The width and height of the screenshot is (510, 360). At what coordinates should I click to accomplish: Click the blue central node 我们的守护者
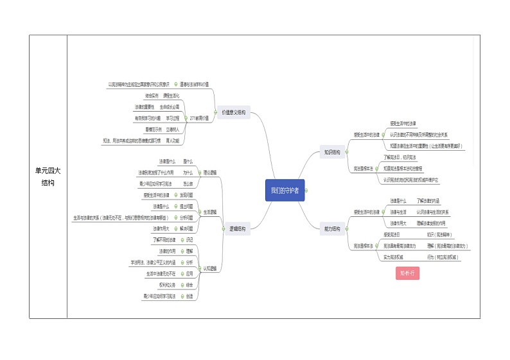pos(285,191)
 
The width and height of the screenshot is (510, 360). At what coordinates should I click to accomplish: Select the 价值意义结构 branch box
pos(233,112)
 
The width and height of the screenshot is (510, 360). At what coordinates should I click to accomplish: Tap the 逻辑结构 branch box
pos(236,228)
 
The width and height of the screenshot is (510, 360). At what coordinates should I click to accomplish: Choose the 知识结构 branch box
pos(332,152)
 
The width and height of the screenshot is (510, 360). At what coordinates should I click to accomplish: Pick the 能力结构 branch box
pos(332,228)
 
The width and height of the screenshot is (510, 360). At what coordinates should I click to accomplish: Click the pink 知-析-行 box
pos(408,273)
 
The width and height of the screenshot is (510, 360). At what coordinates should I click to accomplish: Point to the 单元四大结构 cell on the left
pos(48,176)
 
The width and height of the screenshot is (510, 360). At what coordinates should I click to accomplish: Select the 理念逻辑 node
pos(209,173)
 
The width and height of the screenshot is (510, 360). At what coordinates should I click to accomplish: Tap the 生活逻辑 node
pos(210,212)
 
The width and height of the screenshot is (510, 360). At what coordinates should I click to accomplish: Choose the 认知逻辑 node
pos(210,268)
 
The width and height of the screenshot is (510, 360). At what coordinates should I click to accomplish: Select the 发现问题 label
pos(186,194)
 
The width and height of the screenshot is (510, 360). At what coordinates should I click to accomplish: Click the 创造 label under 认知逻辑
pos(189,296)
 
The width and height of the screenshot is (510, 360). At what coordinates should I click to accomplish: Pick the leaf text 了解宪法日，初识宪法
pos(400,157)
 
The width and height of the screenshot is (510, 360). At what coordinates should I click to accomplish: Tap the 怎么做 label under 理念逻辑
pos(188,184)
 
